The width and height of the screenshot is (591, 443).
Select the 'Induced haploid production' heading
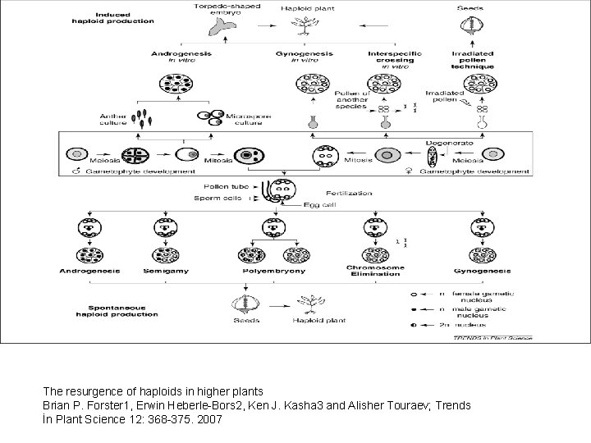coord(122,18)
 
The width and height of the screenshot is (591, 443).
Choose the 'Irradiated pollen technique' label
coord(472,58)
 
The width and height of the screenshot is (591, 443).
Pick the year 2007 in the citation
coord(211,420)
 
